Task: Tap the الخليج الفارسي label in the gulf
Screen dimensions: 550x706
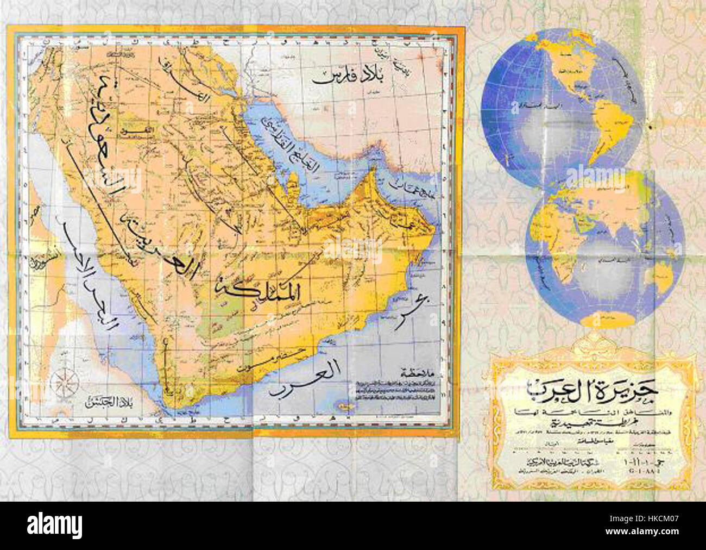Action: tap(282, 145)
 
